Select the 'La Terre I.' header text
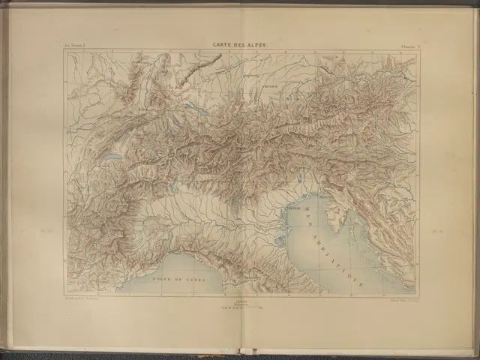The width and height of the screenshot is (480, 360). (x=75, y=46)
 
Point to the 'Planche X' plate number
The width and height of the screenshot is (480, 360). (x=406, y=46)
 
